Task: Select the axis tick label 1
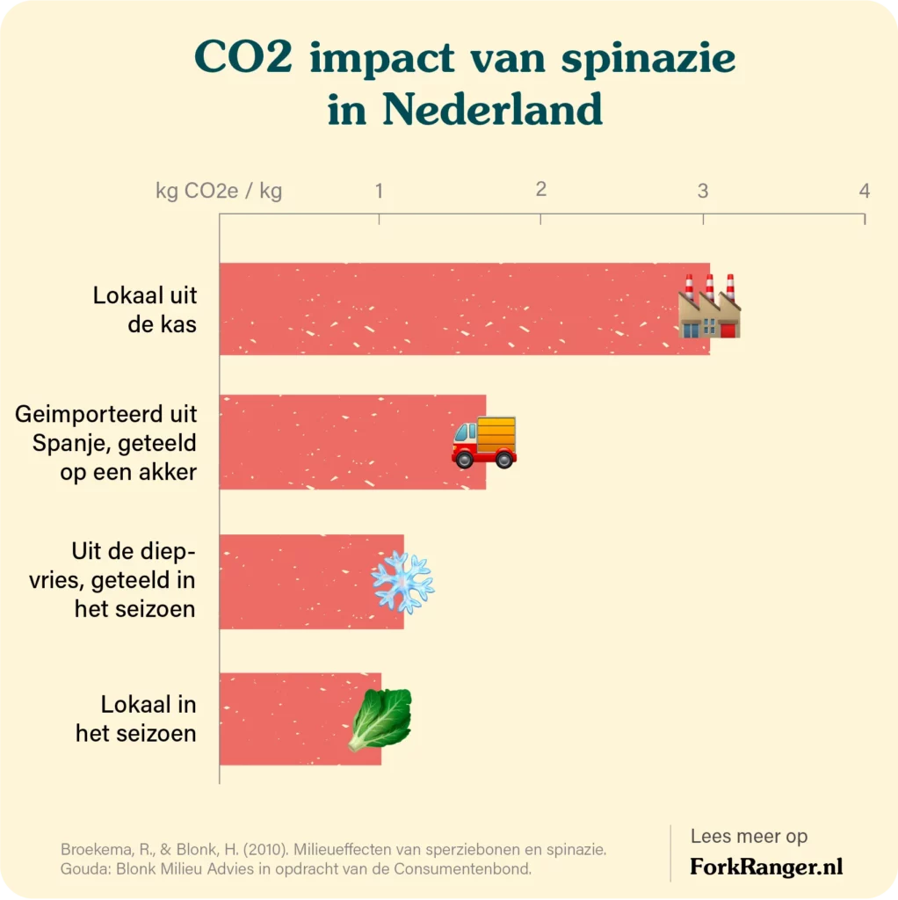click(x=379, y=191)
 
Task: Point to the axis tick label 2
click(x=540, y=189)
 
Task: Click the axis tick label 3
click(x=703, y=191)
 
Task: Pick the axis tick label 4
click(x=865, y=191)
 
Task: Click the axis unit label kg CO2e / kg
click(x=219, y=192)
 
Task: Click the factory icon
click(x=710, y=308)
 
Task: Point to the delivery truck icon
click(x=484, y=442)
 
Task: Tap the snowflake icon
click(x=402, y=582)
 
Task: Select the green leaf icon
click(x=380, y=720)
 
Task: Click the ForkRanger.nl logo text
click(x=766, y=867)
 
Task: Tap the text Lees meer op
click(x=749, y=837)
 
